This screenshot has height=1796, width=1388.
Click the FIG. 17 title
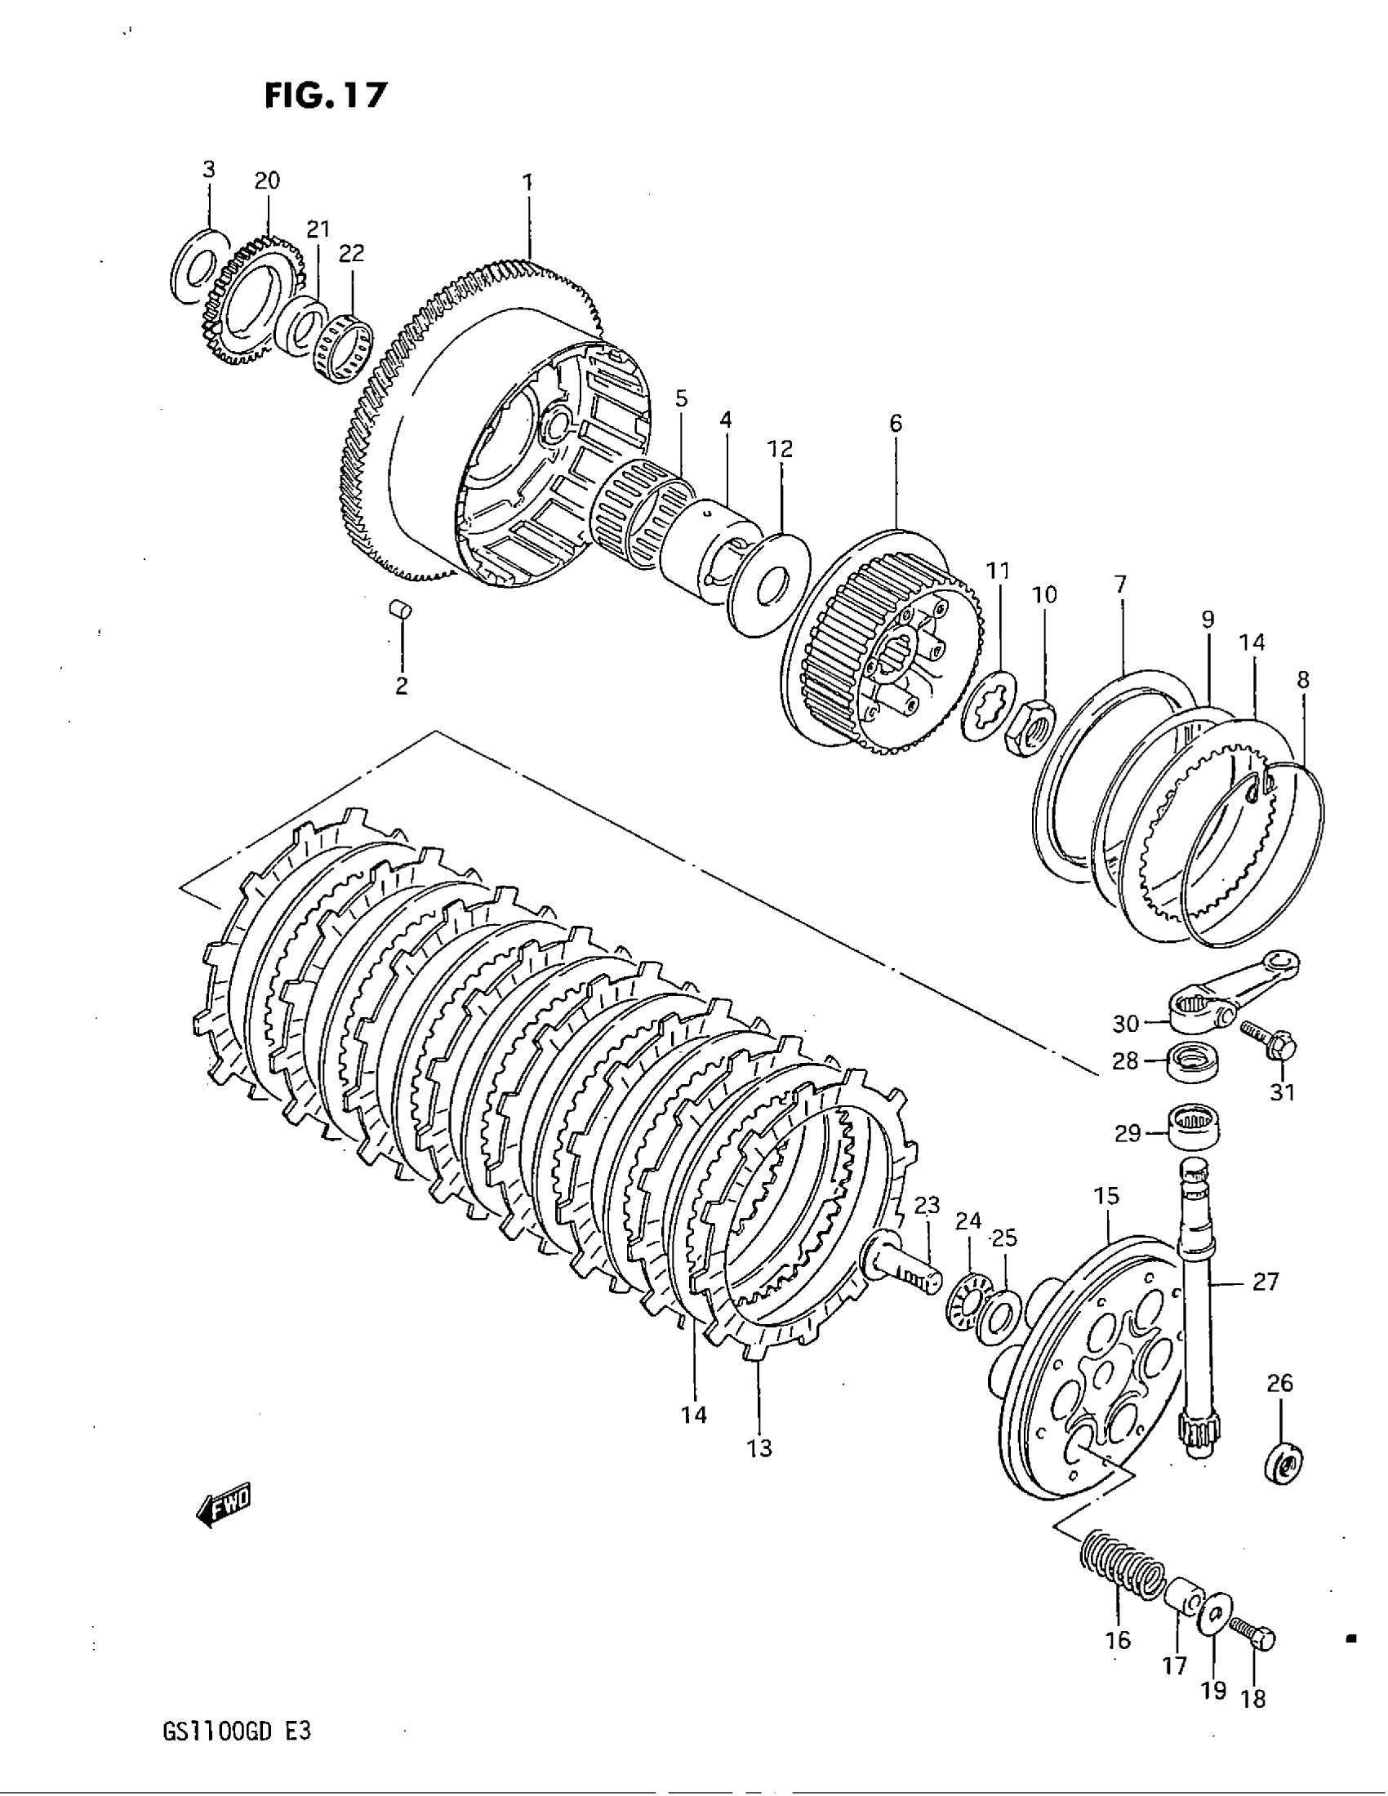325,96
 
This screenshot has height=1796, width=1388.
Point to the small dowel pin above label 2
400,611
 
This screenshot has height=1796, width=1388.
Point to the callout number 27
1266,1281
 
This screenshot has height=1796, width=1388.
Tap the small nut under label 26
1281,1464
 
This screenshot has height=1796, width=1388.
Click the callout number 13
760,1447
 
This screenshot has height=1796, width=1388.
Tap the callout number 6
896,424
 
